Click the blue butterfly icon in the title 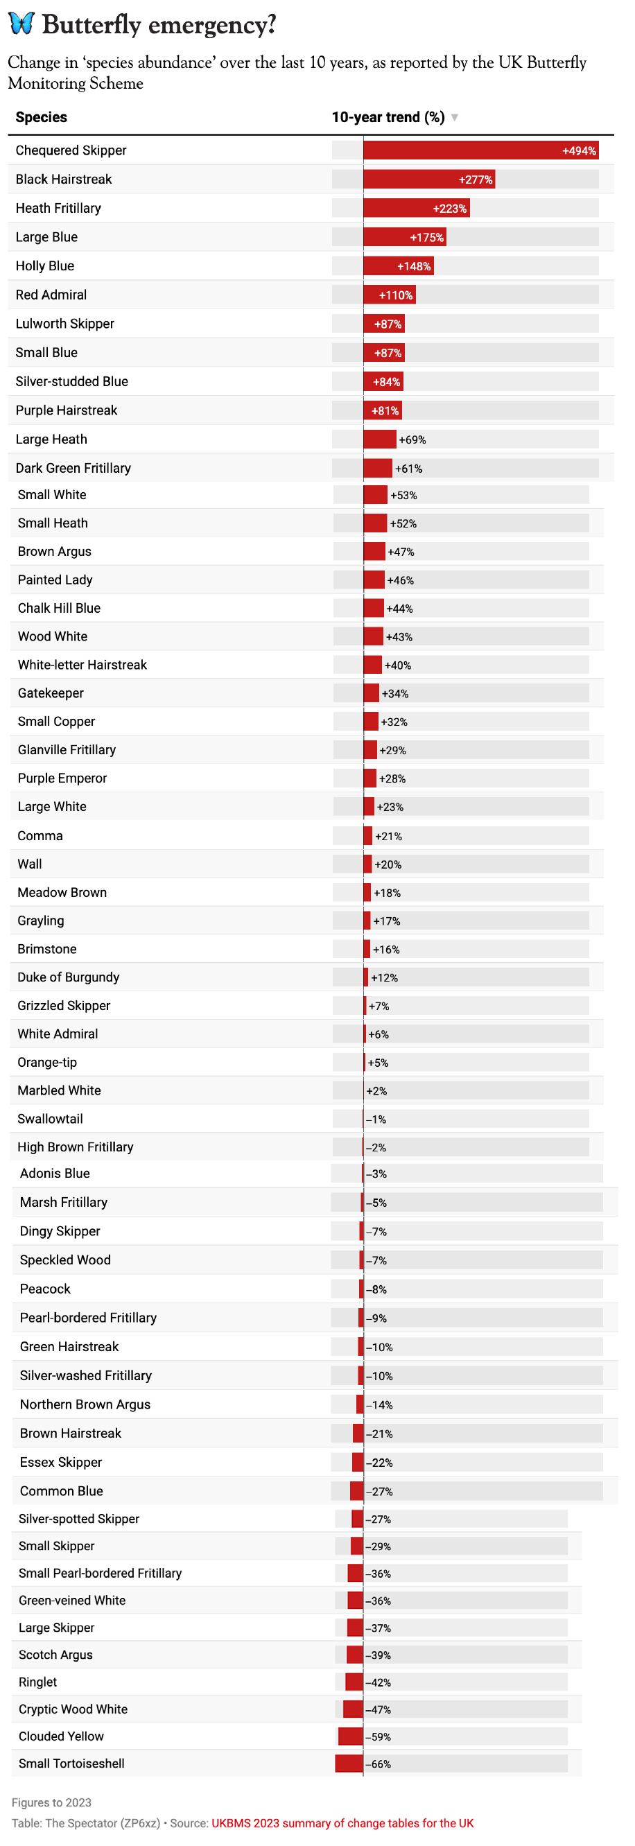pyautogui.click(x=21, y=23)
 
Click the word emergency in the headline pyautogui.click(x=211, y=25)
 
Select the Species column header pyautogui.click(x=42, y=118)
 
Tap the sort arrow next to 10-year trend pyautogui.click(x=454, y=118)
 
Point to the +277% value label pyautogui.click(x=476, y=180)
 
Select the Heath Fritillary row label pyautogui.click(x=59, y=209)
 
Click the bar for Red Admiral pyautogui.click(x=389, y=295)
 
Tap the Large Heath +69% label pyautogui.click(x=412, y=440)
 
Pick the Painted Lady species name pyautogui.click(x=55, y=580)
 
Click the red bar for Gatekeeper pyautogui.click(x=372, y=694)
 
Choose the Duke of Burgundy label pyautogui.click(x=69, y=977)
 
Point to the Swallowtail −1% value pyautogui.click(x=376, y=1120)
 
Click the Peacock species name pyautogui.click(x=46, y=1289)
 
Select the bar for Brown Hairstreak pyautogui.click(x=358, y=1434)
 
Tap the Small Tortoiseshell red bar pyautogui.click(x=349, y=1764)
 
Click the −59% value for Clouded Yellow pyautogui.click(x=379, y=1737)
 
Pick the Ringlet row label pyautogui.click(x=38, y=1682)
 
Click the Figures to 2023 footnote pyautogui.click(x=51, y=1802)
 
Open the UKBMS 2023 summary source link pyautogui.click(x=342, y=1823)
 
